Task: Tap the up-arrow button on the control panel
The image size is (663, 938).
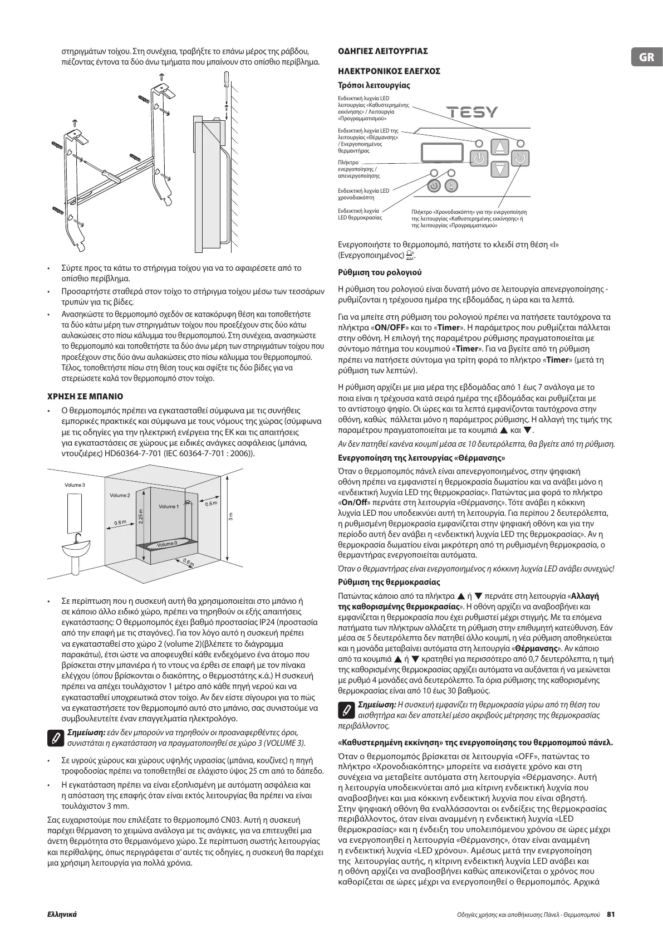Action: click(x=502, y=148)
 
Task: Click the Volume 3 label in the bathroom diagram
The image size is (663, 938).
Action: click(x=75, y=485)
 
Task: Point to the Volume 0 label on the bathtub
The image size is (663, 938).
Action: click(x=166, y=544)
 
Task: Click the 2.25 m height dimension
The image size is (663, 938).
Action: click(x=140, y=516)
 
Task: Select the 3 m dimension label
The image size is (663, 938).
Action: click(x=231, y=516)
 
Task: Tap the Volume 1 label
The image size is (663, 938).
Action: click(x=168, y=506)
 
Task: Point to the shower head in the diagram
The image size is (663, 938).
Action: click(x=189, y=502)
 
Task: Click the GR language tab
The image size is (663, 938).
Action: click(x=646, y=57)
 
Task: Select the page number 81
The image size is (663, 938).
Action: click(x=611, y=915)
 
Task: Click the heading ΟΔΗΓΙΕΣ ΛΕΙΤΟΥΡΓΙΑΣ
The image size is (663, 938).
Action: click(x=383, y=51)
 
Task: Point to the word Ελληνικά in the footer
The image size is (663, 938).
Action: click(x=61, y=915)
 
